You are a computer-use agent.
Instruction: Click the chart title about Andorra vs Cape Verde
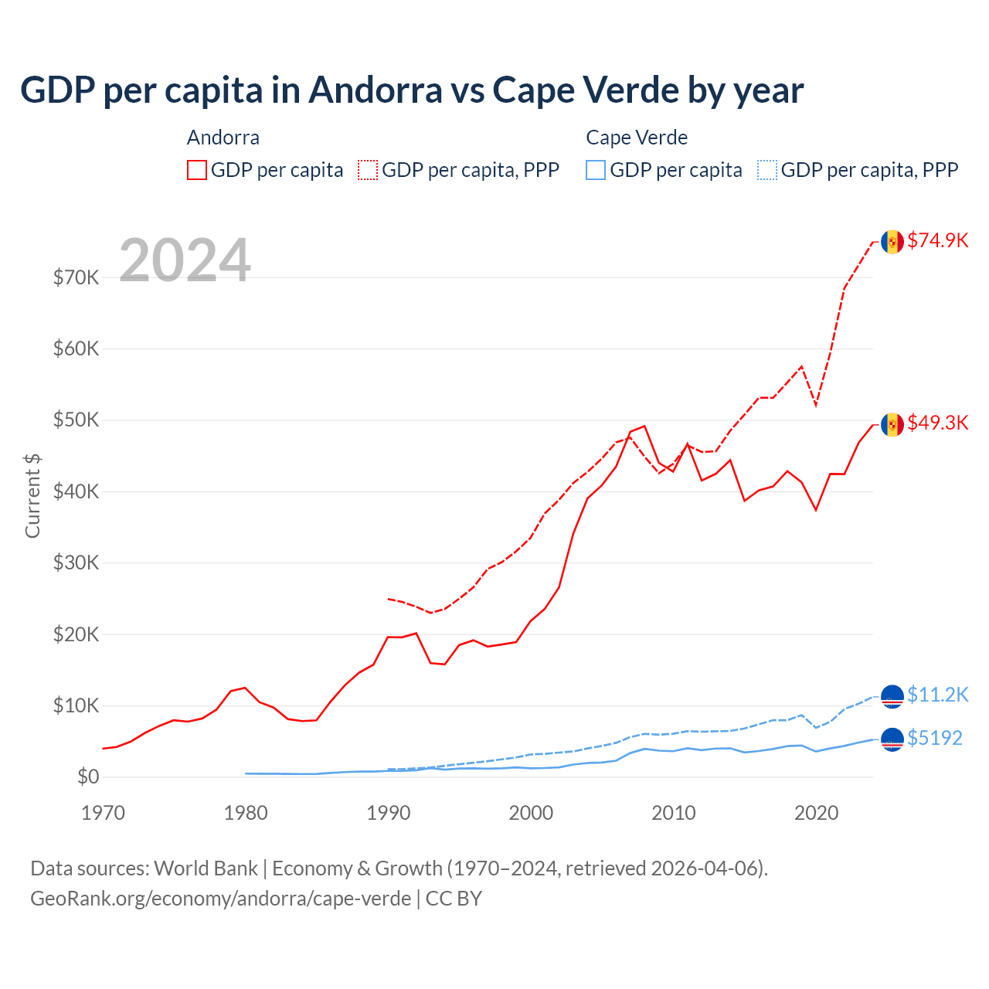pyautogui.click(x=412, y=90)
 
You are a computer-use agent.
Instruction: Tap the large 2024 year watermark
pyautogui.click(x=185, y=260)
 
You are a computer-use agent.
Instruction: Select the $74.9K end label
pyautogui.click(x=937, y=240)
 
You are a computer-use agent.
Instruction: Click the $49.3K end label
pyautogui.click(x=937, y=423)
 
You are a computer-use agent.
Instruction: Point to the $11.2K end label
pyautogui.click(x=937, y=695)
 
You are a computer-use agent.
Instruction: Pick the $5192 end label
pyautogui.click(x=934, y=738)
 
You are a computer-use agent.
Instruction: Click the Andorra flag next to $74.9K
pyautogui.click(x=892, y=242)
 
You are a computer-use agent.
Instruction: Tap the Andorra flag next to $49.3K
pyautogui.click(x=892, y=424)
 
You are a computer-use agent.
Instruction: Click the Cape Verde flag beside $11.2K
pyautogui.click(x=892, y=696)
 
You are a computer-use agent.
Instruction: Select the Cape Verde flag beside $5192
pyautogui.click(x=892, y=739)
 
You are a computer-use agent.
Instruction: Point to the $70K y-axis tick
pyautogui.click(x=76, y=277)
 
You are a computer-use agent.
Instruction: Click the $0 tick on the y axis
pyautogui.click(x=88, y=777)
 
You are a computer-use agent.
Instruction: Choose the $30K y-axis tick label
pyautogui.click(x=76, y=562)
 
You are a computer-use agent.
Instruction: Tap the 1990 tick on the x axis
pyautogui.click(x=388, y=813)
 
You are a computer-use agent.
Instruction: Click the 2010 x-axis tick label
pyautogui.click(x=674, y=813)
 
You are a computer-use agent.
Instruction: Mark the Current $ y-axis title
pyautogui.click(x=32, y=496)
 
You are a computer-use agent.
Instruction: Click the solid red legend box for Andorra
pyautogui.click(x=197, y=170)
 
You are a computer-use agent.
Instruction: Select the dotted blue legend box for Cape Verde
pyautogui.click(x=767, y=170)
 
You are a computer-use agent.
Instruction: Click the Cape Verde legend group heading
pyautogui.click(x=637, y=138)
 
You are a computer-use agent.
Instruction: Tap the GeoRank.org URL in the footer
pyautogui.click(x=221, y=899)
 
